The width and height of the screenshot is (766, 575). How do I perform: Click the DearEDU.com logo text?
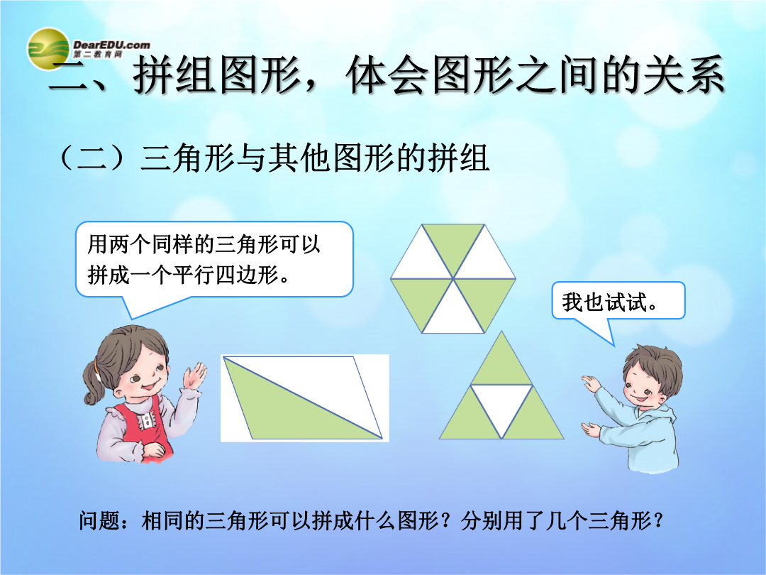[x=111, y=48]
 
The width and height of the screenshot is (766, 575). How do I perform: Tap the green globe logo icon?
[x=48, y=48]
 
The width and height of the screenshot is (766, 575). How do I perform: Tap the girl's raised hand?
[x=194, y=376]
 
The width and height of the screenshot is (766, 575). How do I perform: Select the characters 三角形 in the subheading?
[x=187, y=158]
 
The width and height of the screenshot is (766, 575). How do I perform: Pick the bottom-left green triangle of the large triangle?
[x=470, y=415]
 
